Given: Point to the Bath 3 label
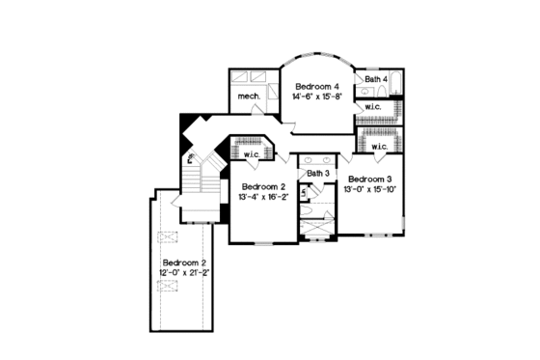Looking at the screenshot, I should click(x=319, y=173).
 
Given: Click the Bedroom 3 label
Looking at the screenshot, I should click(x=370, y=180).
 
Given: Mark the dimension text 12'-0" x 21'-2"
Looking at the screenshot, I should click(x=185, y=273).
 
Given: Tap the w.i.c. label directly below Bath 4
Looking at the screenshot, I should click(x=372, y=106).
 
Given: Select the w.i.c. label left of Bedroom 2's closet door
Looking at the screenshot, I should click(x=254, y=154).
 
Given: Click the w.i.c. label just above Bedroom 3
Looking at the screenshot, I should click(x=379, y=147).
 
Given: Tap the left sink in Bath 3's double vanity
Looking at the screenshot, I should click(x=308, y=158).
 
